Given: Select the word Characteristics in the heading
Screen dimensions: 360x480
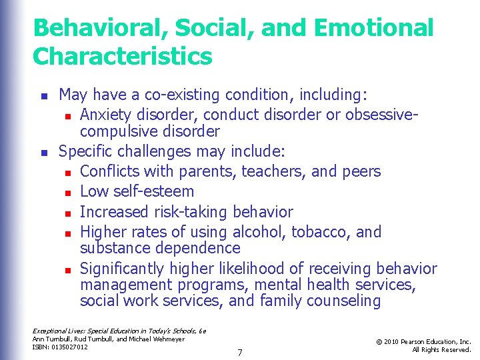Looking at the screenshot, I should tap(122, 56).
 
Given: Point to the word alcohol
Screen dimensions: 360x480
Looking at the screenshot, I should tap(257, 232).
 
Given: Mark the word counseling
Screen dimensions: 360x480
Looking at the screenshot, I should tap(343, 301).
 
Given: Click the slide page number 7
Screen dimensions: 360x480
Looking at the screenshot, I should tap(239, 351).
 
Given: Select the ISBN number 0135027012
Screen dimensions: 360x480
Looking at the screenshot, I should tap(71, 347).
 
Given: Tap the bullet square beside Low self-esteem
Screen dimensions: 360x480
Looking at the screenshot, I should tap(68, 193).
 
